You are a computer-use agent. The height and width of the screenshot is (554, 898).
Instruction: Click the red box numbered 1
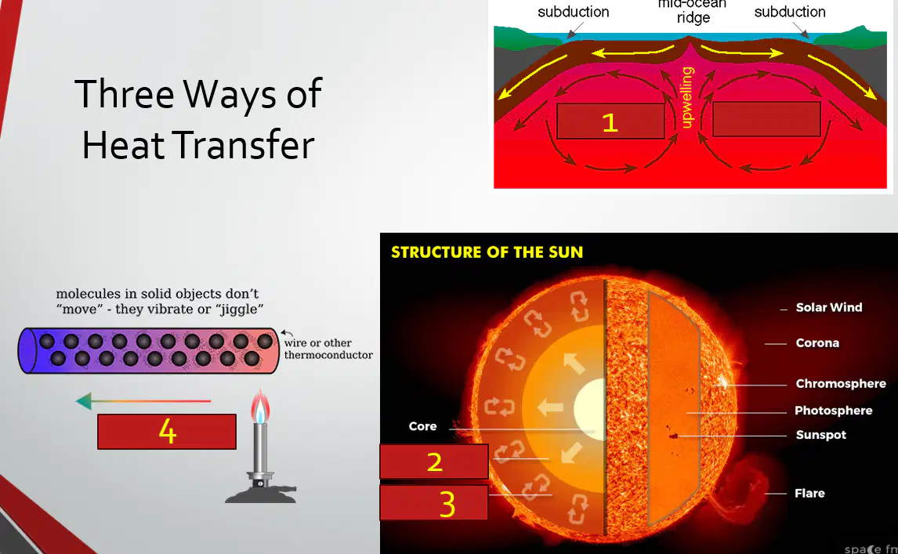[x=610, y=121]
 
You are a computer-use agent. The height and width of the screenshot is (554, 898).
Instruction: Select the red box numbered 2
[x=434, y=462]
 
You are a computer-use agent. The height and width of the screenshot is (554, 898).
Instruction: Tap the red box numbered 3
[x=434, y=502]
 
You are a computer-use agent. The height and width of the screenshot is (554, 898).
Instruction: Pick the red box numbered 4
[x=167, y=432]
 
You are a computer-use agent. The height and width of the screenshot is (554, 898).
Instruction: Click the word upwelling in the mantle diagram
[x=687, y=97]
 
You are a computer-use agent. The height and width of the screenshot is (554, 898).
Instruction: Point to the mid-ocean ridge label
[x=693, y=11]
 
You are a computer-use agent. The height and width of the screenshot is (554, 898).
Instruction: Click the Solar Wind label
[x=829, y=308]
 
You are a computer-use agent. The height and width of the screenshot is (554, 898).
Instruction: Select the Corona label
[x=817, y=343]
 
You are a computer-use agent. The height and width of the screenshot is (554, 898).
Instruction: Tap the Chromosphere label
[x=841, y=384]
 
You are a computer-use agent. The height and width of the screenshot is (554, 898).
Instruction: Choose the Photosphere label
[x=833, y=411]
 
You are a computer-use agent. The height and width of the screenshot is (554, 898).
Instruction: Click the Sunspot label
[x=820, y=435]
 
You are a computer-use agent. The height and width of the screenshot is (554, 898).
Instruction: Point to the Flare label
[x=809, y=494]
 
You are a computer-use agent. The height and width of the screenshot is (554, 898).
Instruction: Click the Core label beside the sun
[x=422, y=426]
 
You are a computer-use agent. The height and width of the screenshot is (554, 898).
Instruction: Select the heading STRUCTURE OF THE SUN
[x=487, y=252]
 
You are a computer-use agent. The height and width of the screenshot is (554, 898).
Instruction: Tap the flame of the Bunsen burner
[x=260, y=406]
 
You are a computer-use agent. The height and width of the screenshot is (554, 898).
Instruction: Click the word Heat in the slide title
[x=118, y=145]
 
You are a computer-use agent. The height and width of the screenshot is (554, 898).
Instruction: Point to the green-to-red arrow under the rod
[x=143, y=401]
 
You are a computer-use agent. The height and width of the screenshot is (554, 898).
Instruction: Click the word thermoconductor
[x=328, y=355]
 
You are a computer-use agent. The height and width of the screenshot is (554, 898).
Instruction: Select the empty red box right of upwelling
[x=766, y=119]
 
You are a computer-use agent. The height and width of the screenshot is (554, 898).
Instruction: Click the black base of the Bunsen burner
[x=261, y=494]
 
